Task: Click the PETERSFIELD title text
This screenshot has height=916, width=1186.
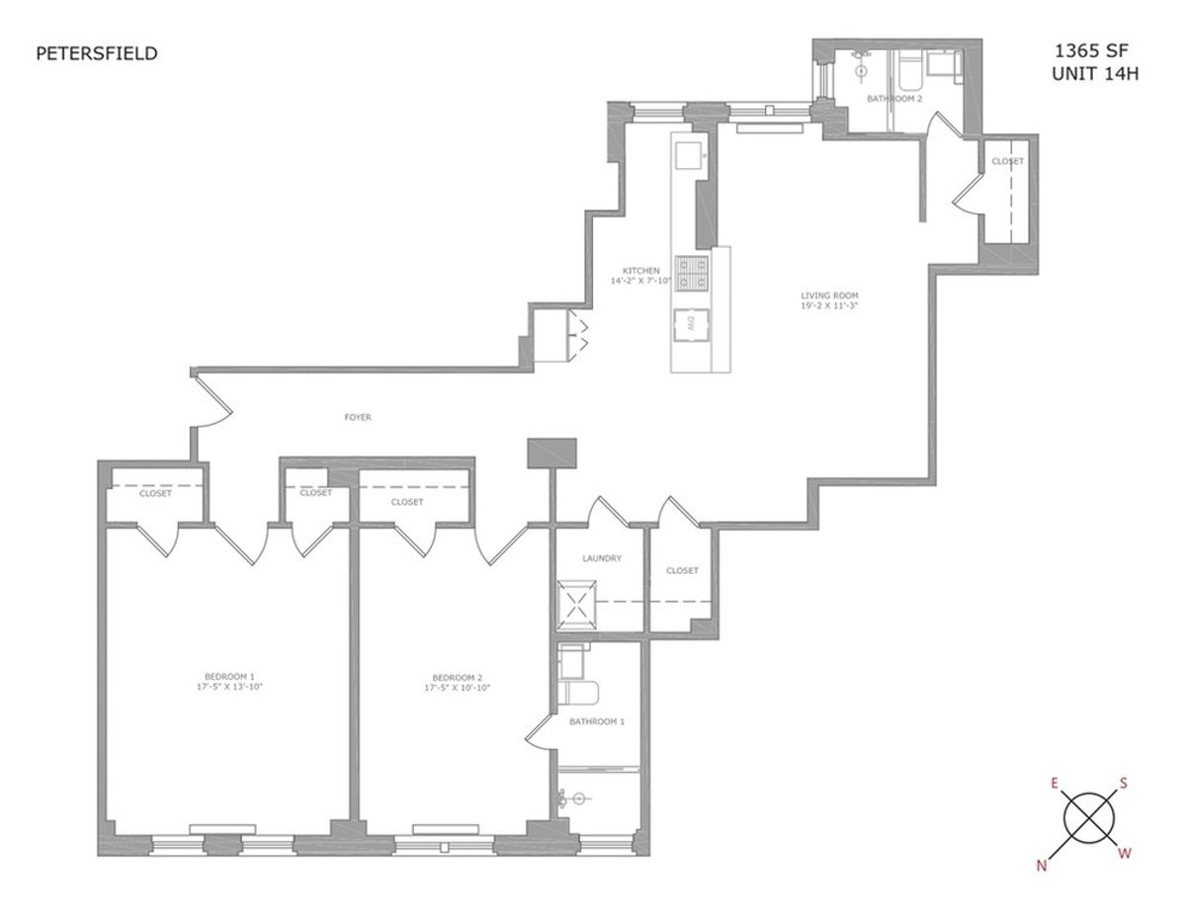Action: point(96,54)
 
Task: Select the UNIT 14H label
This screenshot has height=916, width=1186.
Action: point(1091,74)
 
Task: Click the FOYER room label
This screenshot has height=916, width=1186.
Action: point(358,418)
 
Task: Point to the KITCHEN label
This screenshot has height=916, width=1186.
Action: point(640,270)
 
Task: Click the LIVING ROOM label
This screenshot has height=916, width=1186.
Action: point(828,293)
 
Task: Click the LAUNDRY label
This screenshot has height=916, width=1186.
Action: point(601,558)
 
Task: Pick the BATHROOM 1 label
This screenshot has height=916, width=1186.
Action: point(597,722)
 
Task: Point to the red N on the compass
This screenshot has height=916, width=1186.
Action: point(1041,866)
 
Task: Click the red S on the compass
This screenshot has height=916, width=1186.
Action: point(1124,784)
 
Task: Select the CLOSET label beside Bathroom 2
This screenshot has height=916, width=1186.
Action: point(1007,161)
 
